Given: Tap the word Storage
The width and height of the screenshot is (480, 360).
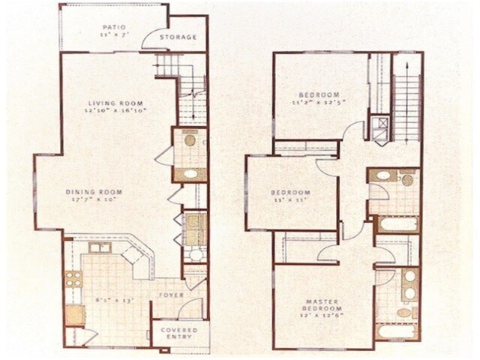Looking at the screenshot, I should coord(181,37).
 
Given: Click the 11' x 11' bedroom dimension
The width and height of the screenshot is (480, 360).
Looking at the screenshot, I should coord(290,201).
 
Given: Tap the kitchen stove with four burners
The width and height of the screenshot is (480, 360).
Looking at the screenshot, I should coord(73,280).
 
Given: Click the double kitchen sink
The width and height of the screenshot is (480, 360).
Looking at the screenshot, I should coord(100,247).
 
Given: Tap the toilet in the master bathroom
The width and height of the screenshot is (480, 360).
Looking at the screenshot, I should coord(405,312).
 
